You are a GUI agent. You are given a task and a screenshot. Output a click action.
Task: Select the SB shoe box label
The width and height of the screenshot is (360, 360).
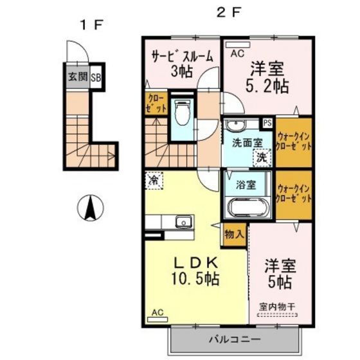pos(96,79)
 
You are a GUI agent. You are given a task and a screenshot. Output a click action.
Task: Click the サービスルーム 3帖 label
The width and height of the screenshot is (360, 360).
pos(182,63)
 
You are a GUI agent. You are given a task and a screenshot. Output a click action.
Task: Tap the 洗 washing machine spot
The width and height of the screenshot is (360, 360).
pos(260,156)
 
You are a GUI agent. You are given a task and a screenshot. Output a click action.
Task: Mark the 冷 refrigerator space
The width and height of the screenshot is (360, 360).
pos(154,180)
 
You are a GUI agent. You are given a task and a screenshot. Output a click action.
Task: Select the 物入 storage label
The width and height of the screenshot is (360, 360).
pos(235,235)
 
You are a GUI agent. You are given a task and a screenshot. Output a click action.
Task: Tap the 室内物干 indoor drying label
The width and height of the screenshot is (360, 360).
pos(278,307)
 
